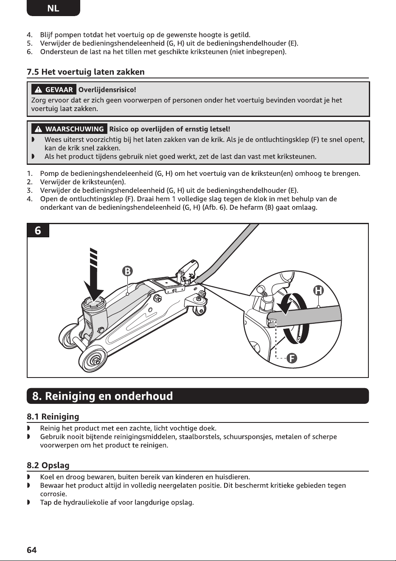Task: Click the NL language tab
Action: [x=53, y=8]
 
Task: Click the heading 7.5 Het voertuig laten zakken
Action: [x=86, y=72]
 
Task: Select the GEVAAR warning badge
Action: [x=54, y=89]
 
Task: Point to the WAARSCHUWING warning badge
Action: [x=69, y=129]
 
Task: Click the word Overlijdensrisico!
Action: [x=107, y=90]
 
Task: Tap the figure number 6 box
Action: [x=38, y=231]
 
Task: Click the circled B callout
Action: [x=127, y=271]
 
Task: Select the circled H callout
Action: [x=318, y=291]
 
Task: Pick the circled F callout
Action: [x=292, y=358]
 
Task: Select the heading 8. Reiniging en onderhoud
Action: [x=102, y=396]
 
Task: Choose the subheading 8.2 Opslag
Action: [x=48, y=466]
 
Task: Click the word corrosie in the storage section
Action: [x=53, y=494]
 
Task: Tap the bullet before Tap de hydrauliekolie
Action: [x=28, y=503]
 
